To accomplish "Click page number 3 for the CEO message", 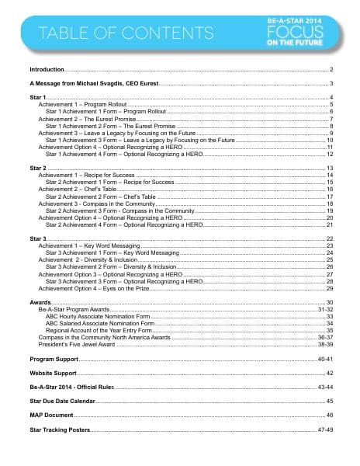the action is pyautogui.click(x=331, y=83).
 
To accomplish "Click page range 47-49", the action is pyautogui.click(x=326, y=429).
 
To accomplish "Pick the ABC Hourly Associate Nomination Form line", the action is pyautogui.click(x=101, y=316).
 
